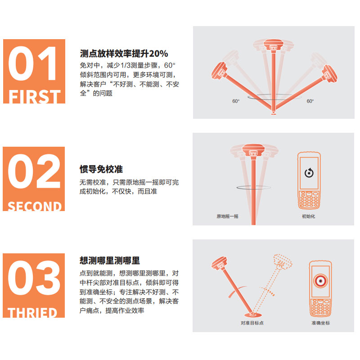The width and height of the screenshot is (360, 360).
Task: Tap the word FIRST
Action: [x=35, y=96]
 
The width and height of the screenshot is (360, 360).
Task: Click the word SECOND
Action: [x=35, y=206]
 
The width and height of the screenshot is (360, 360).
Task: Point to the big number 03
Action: [x=34, y=278]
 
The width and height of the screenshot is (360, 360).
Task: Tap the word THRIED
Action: [x=32, y=312]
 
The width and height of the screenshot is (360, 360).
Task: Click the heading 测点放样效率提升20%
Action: [x=124, y=54]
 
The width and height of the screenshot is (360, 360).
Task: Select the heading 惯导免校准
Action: [x=101, y=169]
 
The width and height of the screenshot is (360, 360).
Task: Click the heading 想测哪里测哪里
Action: [x=110, y=261]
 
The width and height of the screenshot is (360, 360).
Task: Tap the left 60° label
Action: [x=236, y=101]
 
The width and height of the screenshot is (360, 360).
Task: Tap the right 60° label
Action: [x=310, y=101]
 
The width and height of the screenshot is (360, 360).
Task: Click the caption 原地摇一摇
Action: [x=227, y=216]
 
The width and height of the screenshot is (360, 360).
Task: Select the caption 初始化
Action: [x=308, y=216]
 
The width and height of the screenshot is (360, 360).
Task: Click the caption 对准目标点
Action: [x=252, y=323]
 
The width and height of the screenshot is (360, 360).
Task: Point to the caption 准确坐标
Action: [x=320, y=323]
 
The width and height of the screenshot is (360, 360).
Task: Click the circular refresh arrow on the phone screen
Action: [x=309, y=173]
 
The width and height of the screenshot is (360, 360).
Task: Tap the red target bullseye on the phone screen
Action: [x=320, y=281]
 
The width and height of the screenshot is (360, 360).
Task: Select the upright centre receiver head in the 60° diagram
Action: [x=273, y=45]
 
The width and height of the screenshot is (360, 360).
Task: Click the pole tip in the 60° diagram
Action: [x=273, y=114]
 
